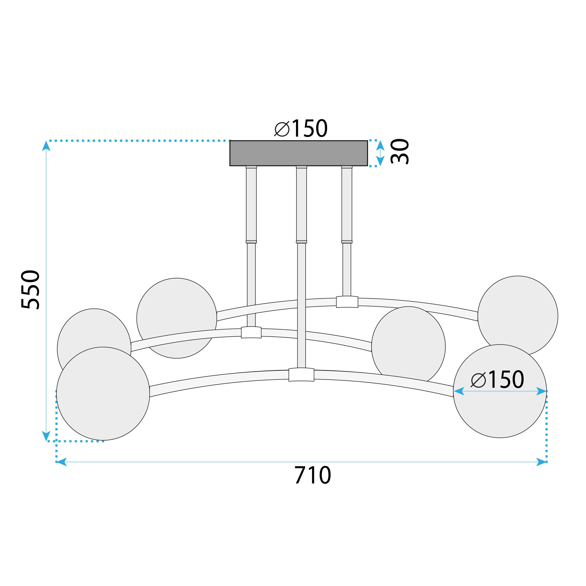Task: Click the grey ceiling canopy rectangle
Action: click(x=298, y=153)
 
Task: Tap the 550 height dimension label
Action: click(x=30, y=290)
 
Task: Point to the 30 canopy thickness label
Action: click(x=400, y=152)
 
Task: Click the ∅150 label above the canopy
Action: click(x=301, y=129)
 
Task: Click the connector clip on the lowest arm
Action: click(x=301, y=375)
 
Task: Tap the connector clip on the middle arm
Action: click(x=251, y=332)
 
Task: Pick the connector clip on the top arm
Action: click(x=347, y=302)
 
